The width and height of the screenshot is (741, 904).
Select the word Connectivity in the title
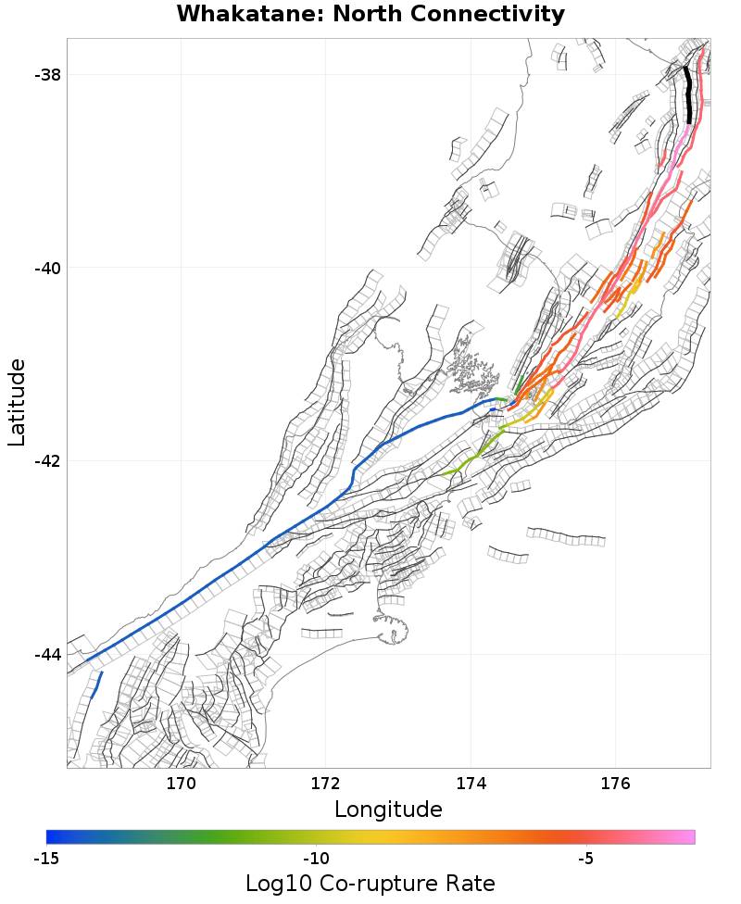497,15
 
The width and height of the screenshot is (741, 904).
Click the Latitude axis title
18,403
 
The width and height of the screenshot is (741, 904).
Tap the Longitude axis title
388,810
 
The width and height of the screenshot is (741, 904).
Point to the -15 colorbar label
46,859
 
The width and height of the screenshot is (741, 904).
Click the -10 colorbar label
316,859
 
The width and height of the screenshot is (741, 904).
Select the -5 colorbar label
586,859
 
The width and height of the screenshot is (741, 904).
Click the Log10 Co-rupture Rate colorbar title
370,884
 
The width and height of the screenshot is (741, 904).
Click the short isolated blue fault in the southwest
96,686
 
